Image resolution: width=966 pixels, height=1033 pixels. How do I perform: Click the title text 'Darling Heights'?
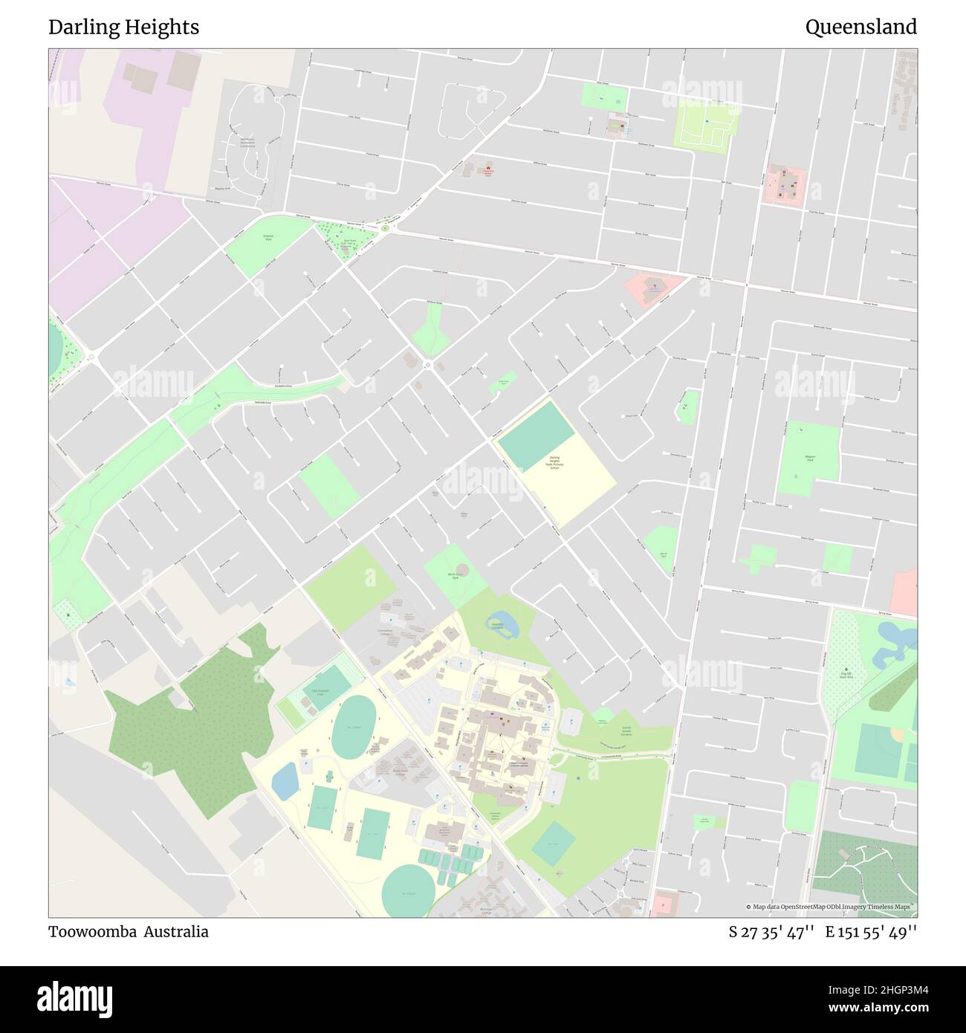[123, 27]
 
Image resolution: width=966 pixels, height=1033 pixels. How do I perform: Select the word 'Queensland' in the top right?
[860, 27]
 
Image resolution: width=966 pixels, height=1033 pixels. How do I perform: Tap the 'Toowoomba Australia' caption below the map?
[129, 932]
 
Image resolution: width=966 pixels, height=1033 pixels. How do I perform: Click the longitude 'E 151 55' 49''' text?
[871, 932]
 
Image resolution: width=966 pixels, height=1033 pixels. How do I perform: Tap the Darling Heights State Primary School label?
[554, 462]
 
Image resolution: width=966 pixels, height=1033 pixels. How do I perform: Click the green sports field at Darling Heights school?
[535, 435]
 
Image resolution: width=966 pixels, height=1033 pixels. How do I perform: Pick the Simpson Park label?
[268, 238]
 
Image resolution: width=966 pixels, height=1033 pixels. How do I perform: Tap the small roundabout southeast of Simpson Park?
[428, 364]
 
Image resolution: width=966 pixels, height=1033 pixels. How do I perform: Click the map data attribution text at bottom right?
[831, 907]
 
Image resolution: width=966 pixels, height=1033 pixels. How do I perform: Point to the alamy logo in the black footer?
[75, 999]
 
